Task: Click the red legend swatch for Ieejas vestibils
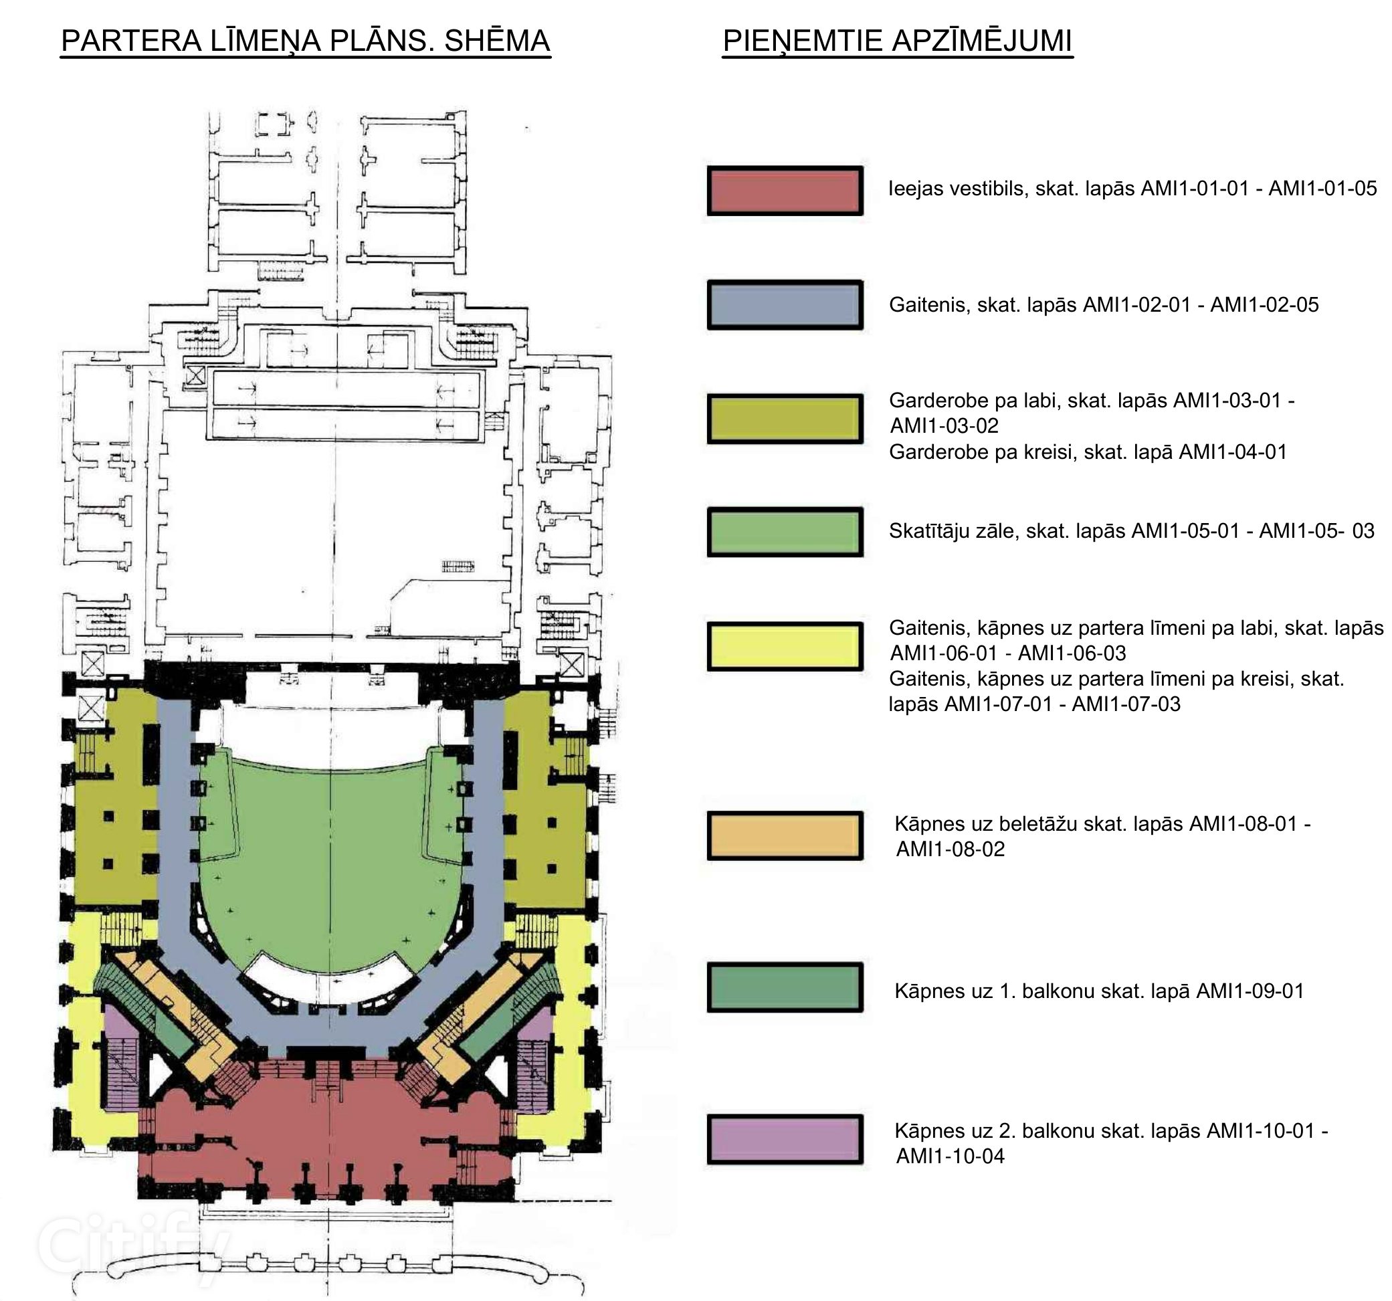coord(785,191)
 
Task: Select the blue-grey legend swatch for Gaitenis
coord(785,304)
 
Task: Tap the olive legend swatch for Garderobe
coord(785,419)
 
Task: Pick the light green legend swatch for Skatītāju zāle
coord(785,532)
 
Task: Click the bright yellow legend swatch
coord(785,646)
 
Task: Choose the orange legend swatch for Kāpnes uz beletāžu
coord(785,835)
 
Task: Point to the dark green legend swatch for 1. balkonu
coord(785,987)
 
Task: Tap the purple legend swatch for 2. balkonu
coord(785,1139)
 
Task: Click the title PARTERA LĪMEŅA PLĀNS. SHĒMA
coord(305,41)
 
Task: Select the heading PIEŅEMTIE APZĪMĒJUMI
coord(897,41)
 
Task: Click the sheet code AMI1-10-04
coord(950,1156)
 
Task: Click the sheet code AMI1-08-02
coord(950,849)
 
